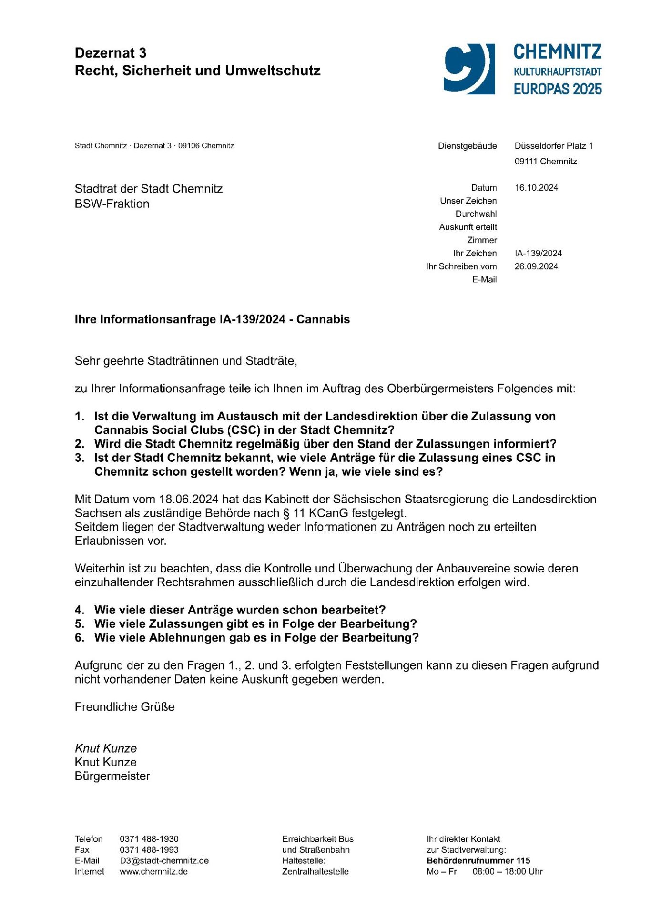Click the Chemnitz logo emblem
pyautogui.click(x=469, y=69)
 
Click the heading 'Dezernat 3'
pyautogui.click(x=111, y=53)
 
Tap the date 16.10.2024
pyautogui.click(x=536, y=188)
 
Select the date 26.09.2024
pyautogui.click(x=536, y=266)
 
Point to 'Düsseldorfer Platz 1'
pyautogui.click(x=553, y=146)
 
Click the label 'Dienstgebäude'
pyautogui.click(x=467, y=146)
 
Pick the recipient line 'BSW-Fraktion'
pyautogui.click(x=112, y=204)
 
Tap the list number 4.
pyautogui.click(x=79, y=610)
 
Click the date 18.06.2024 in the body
pyautogui.click(x=189, y=500)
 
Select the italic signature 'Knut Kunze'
pyautogui.click(x=106, y=748)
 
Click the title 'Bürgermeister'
pyautogui.click(x=112, y=776)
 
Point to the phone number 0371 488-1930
pyautogui.click(x=149, y=839)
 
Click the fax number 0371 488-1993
pyautogui.click(x=149, y=850)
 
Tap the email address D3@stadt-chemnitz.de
pyautogui.click(x=164, y=861)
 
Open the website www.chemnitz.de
pyautogui.click(x=153, y=872)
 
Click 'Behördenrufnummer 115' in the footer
pyautogui.click(x=478, y=861)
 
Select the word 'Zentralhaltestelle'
pyautogui.click(x=315, y=872)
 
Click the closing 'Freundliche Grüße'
pyautogui.click(x=125, y=707)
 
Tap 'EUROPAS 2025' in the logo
pyautogui.click(x=558, y=89)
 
